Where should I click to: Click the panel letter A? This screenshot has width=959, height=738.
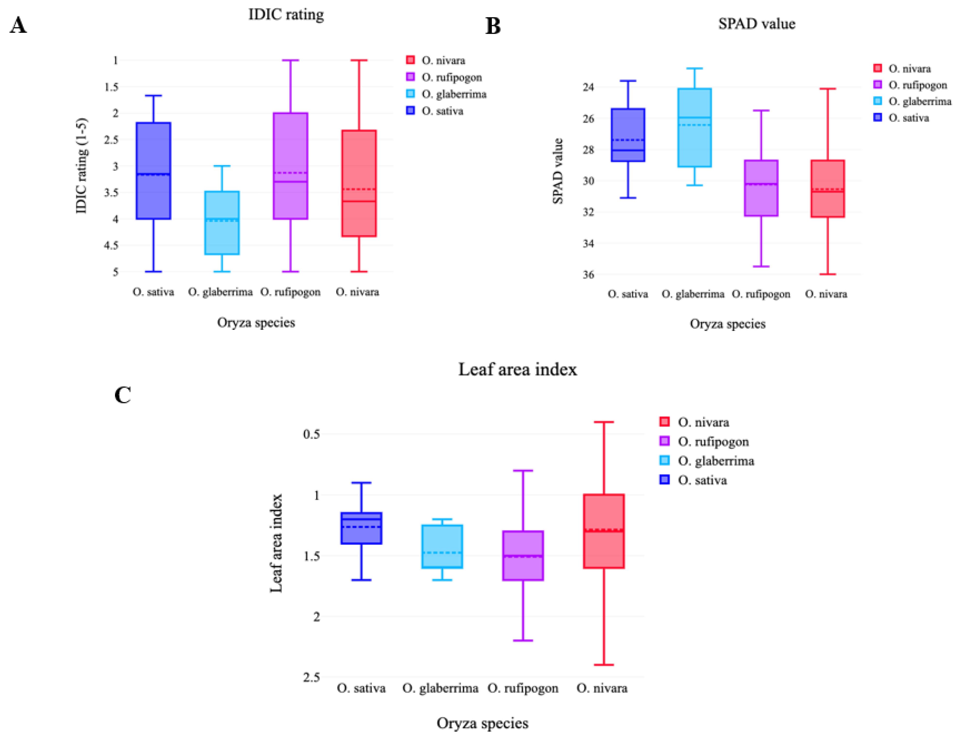coord(18,25)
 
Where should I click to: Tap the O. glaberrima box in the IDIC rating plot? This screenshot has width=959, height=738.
coord(222,222)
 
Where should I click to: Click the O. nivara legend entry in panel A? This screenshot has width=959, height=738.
coord(443,60)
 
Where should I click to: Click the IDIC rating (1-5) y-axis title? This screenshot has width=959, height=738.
coord(82,166)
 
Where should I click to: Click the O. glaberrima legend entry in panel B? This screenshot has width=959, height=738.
coord(919,101)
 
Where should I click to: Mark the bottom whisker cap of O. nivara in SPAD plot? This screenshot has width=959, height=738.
coord(827,274)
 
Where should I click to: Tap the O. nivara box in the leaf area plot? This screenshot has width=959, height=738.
coord(604,531)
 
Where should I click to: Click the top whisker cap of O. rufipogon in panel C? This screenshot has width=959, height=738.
coord(523,470)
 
